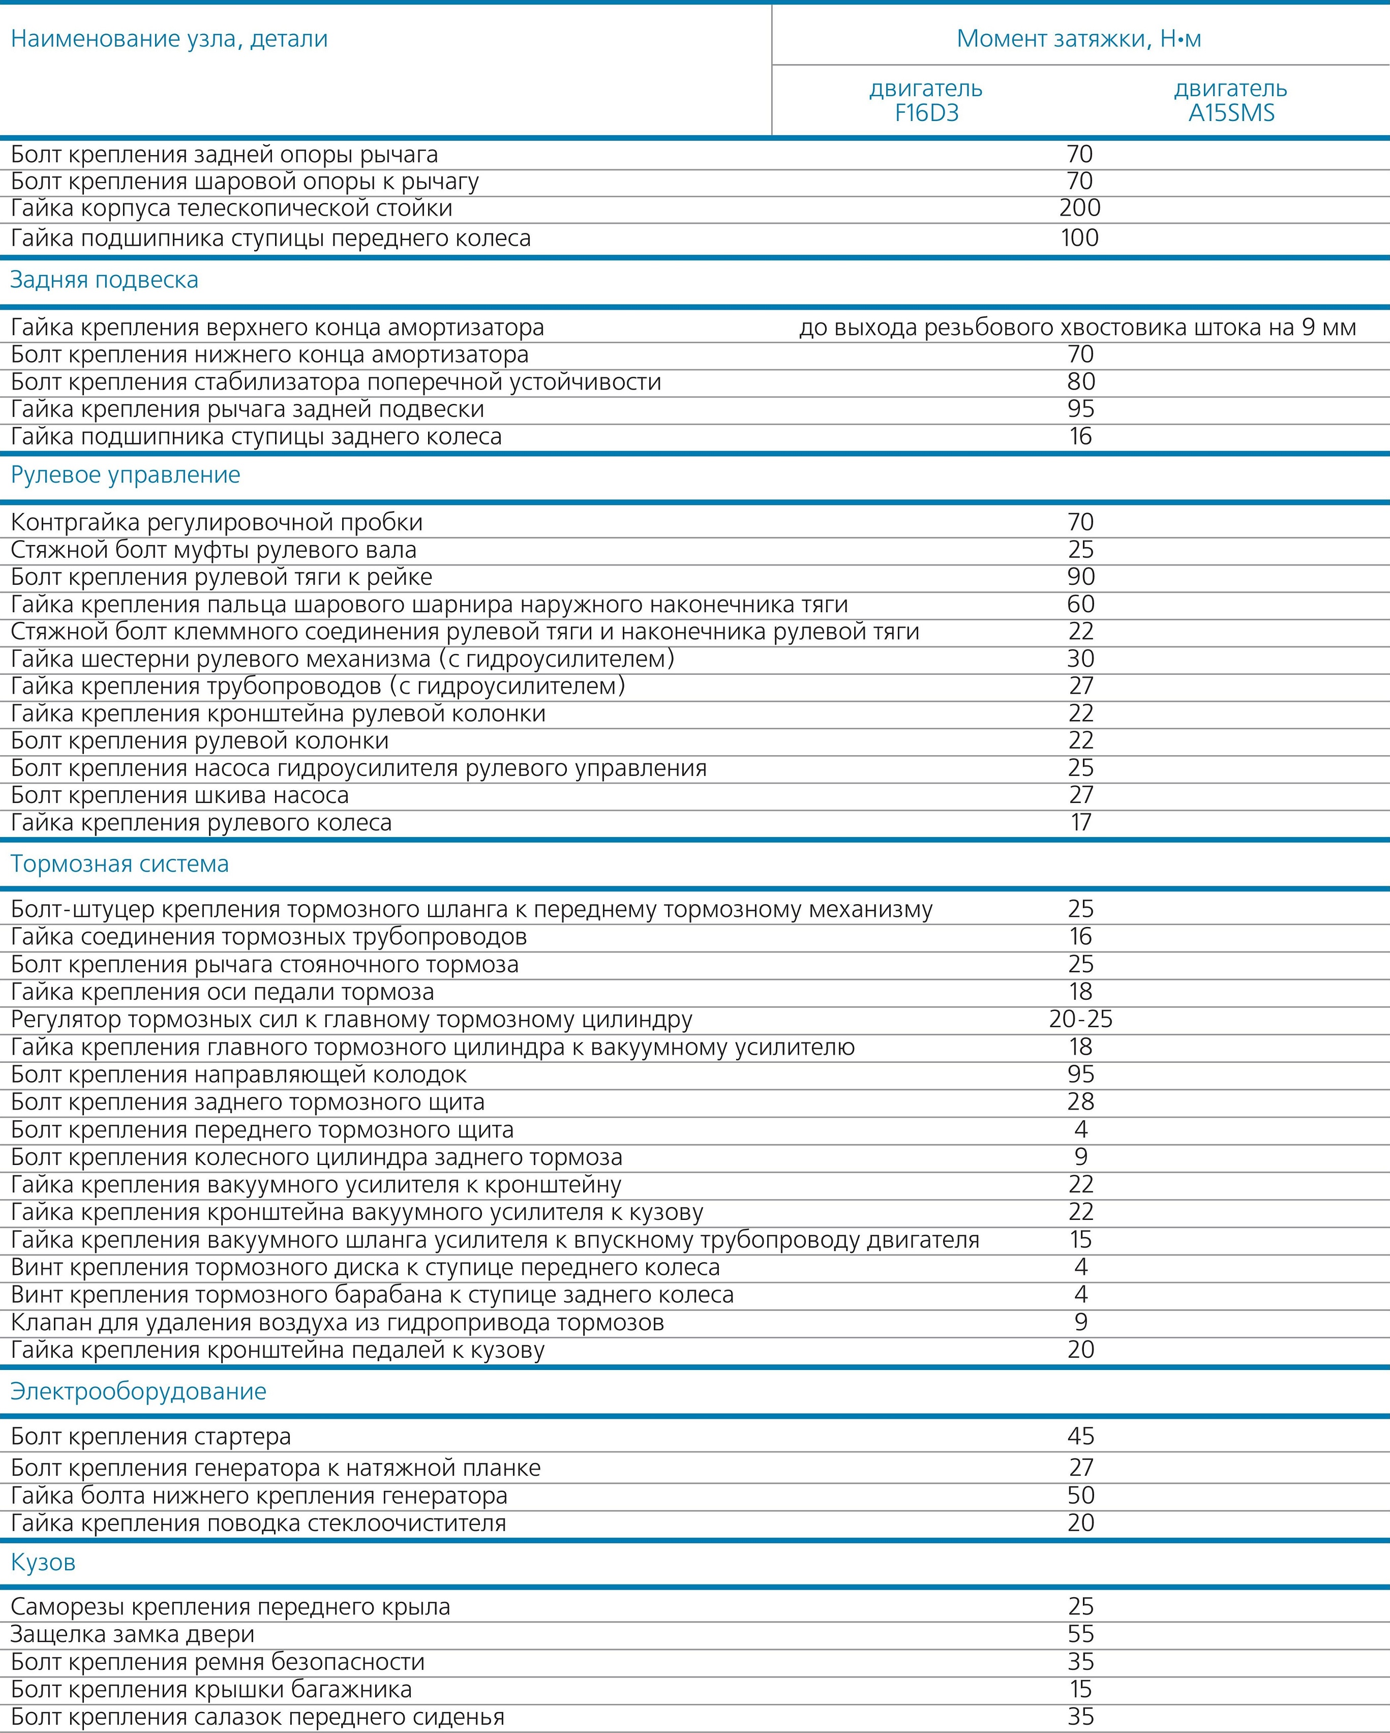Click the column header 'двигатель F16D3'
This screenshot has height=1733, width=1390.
coord(926,101)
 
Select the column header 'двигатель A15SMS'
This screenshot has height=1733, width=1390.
coord(1231,101)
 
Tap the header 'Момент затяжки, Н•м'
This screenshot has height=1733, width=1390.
coord(1079,39)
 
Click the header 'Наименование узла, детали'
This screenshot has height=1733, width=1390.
coord(169,39)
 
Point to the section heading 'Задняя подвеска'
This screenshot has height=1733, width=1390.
coord(104,280)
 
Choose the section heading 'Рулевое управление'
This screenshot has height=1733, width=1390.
coord(126,474)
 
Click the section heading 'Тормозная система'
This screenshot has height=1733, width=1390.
coord(119,864)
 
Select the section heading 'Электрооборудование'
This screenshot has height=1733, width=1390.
coord(138,1391)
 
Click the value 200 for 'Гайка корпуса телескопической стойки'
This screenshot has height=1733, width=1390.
coord(1080,208)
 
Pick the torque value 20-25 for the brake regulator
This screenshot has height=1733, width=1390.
coord(1081,1019)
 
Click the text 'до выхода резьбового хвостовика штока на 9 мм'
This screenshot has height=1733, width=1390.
coord(1077,328)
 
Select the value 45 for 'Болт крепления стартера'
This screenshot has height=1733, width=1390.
coord(1081,1437)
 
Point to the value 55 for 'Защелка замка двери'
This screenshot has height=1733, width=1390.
coord(1081,1634)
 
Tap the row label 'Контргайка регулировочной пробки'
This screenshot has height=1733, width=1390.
coord(217,522)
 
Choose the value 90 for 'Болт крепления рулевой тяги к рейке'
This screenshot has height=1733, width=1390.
coord(1081,577)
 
